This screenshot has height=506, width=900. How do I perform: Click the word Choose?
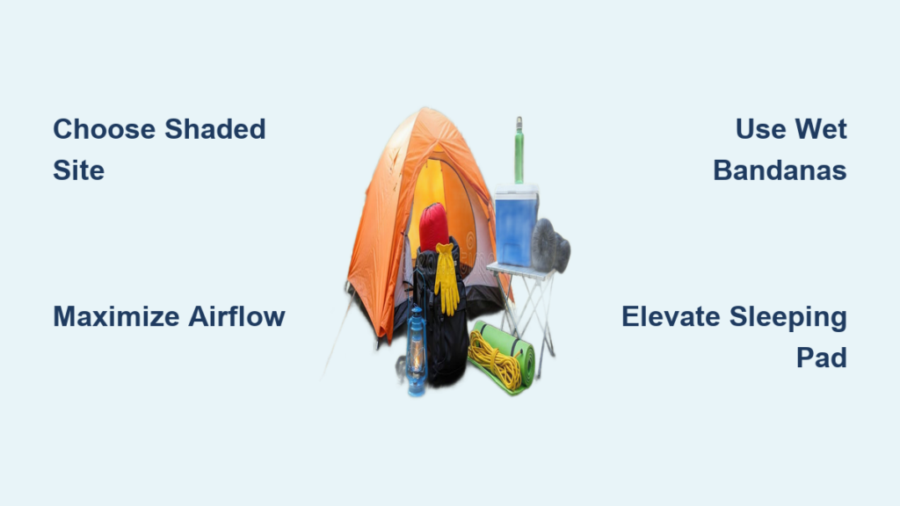[105, 129]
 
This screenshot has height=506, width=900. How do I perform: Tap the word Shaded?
[215, 129]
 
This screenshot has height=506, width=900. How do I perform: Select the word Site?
[78, 170]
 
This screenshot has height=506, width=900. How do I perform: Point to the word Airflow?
[236, 316]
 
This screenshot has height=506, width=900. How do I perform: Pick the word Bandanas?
[780, 170]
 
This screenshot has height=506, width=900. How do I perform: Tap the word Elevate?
[671, 316]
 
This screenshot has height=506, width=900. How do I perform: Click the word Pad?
[822, 358]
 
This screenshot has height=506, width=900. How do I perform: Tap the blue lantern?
[417, 351]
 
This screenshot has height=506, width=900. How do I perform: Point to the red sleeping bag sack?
[434, 228]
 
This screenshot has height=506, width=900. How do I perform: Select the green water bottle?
[519, 151]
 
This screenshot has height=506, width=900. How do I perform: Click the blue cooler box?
[516, 226]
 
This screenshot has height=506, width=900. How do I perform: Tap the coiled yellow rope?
[496, 360]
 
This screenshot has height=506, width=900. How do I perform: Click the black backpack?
[441, 322]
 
